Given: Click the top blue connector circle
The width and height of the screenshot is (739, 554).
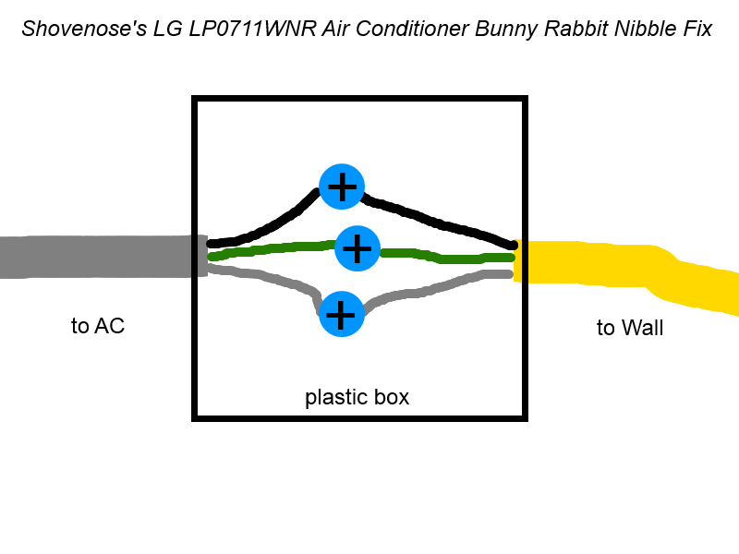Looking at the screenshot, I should pyautogui.click(x=342, y=187).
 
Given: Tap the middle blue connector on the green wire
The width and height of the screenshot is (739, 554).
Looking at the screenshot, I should pyautogui.click(x=357, y=248).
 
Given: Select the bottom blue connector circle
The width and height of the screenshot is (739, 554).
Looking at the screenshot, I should pyautogui.click(x=341, y=315).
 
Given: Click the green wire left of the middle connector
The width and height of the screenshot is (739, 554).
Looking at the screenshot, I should pyautogui.click(x=268, y=249).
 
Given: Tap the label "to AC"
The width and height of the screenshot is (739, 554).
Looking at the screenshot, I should pyautogui.click(x=97, y=326).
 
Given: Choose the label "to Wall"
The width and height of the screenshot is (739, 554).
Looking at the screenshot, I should pyautogui.click(x=630, y=328).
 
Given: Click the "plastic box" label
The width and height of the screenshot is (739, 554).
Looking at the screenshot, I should pyautogui.click(x=357, y=398).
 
